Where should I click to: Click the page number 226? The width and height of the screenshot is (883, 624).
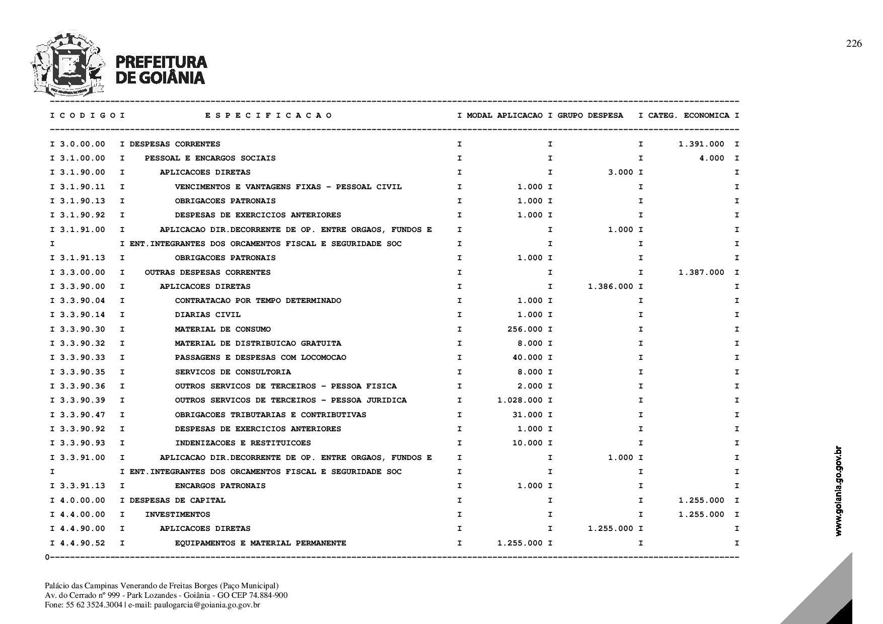pyautogui.click(x=854, y=44)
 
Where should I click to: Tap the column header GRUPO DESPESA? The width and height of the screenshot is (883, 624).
pyautogui.click(x=590, y=116)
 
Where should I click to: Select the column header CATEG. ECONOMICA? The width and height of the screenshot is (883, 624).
pyautogui.click(x=689, y=116)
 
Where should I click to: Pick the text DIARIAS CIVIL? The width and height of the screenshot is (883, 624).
pyautogui.click(x=207, y=315)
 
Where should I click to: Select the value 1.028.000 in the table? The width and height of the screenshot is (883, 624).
pyautogui.click(x=520, y=400)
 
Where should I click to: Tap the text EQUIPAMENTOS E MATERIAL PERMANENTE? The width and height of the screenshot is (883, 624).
pyautogui.click(x=260, y=543)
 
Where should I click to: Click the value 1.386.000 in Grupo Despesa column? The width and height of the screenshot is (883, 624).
pyautogui.click(x=611, y=286)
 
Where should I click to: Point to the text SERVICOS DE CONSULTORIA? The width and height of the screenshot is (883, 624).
pyautogui.click(x=233, y=372)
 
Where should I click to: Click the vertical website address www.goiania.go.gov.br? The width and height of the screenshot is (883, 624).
pyautogui.click(x=838, y=491)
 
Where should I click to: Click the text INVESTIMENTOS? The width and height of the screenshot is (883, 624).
pyautogui.click(x=177, y=514)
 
